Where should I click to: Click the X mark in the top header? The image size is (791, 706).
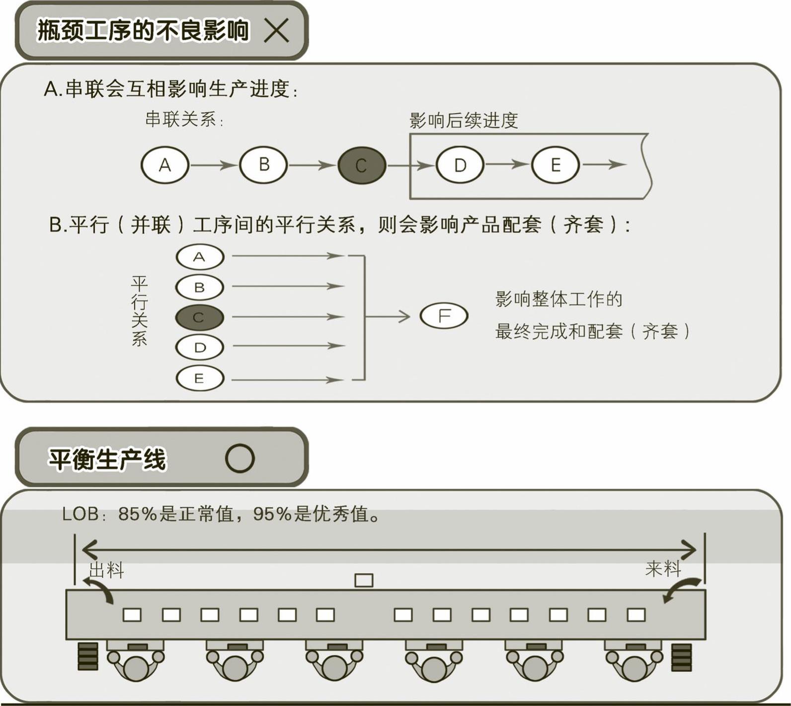click(x=276, y=30)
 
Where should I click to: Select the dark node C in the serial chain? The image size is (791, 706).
click(x=362, y=165)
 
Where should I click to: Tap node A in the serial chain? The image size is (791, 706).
click(x=165, y=165)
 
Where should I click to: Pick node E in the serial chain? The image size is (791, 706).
click(x=555, y=165)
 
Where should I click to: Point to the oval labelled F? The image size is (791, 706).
click(x=444, y=316)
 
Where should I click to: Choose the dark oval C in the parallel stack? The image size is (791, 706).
click(x=200, y=317)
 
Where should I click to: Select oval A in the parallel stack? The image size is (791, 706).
click(x=200, y=257)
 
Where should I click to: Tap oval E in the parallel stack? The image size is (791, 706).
click(x=200, y=379)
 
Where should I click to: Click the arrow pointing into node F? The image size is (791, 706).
click(x=388, y=316)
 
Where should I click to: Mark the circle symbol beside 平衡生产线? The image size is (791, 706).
click(x=240, y=458)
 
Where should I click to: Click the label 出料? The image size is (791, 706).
click(x=106, y=570)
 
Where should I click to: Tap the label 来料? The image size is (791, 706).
click(x=663, y=568)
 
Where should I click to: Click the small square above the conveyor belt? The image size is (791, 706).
click(x=364, y=580)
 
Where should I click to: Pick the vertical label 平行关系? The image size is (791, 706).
click(x=139, y=311)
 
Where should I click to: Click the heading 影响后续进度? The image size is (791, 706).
click(x=464, y=121)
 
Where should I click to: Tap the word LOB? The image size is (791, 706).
click(x=80, y=514)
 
